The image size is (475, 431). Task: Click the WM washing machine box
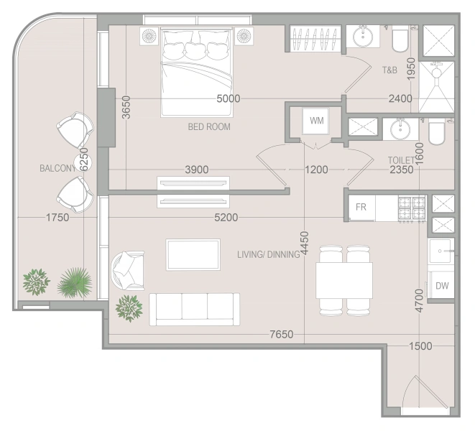pyautogui.click(x=315, y=121)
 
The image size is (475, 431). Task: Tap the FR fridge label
pyautogui.click(x=361, y=207)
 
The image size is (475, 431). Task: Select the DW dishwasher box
pyautogui.click(x=441, y=285)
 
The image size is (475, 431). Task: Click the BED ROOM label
pyautogui.click(x=209, y=126)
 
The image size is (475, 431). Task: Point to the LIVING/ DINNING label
pyautogui.click(x=269, y=254)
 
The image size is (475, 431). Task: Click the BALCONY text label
pyautogui.click(x=57, y=168)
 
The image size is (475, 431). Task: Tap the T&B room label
pyautogui.click(x=389, y=70)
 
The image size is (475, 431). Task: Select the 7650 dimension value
pyautogui.click(x=282, y=334)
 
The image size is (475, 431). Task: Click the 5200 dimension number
pyautogui.click(x=226, y=217)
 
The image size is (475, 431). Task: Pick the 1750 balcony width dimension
pyautogui.click(x=57, y=217)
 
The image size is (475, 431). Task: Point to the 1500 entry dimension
pyautogui.click(x=420, y=346)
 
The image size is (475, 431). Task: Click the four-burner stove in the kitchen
pyautogui.click(x=412, y=208)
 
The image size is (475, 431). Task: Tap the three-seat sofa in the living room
pyautogui.click(x=195, y=309)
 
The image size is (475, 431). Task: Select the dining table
pyautogui.click(x=344, y=280)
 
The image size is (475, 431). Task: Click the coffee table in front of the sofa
pyautogui.click(x=193, y=254)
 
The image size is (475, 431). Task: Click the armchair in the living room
pyautogui.click(x=127, y=270)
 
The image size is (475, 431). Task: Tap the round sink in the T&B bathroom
pyautogui.click(x=363, y=36)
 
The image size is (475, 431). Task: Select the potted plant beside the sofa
pyautogui.click(x=129, y=308)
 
